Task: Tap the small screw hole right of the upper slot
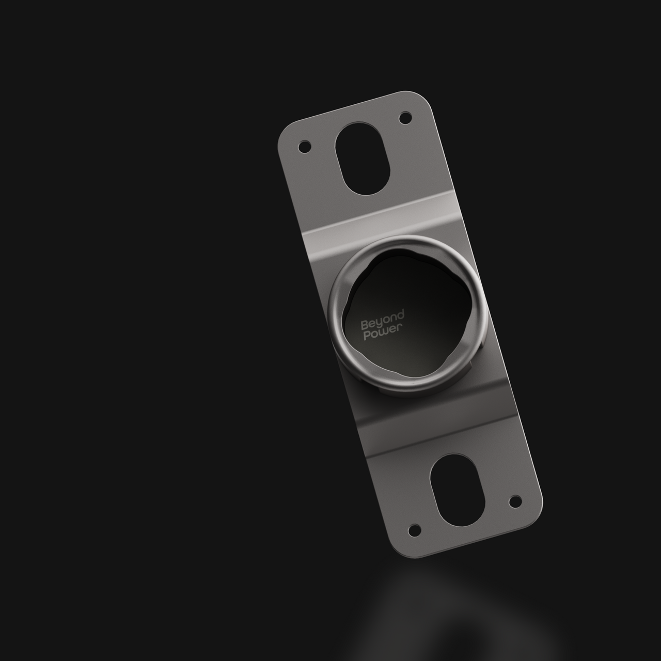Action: pos(405,118)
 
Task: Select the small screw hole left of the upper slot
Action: pos(305,147)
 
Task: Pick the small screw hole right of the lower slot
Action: pos(514,501)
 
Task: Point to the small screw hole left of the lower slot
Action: pos(415,530)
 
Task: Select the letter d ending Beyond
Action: pos(400,314)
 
